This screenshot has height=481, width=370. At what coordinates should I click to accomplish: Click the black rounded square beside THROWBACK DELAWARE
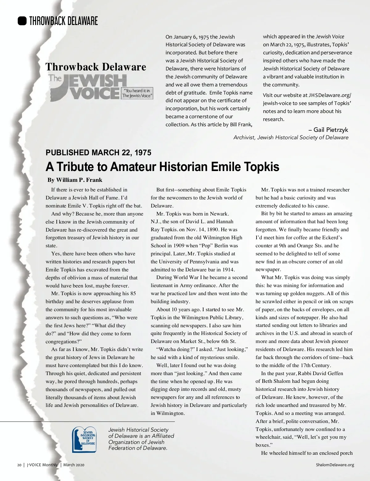point(22,21)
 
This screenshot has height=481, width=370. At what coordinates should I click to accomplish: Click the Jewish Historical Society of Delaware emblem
point(84,439)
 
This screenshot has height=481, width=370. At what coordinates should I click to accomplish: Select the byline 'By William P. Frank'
point(75,180)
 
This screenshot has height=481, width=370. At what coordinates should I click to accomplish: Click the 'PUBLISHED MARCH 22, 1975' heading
point(98,153)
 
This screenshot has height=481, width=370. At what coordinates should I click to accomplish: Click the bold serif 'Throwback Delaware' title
point(96,67)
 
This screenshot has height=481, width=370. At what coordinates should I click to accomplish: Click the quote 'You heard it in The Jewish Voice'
point(137,93)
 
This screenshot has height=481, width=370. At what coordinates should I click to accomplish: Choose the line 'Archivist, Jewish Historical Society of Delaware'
point(291,138)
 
